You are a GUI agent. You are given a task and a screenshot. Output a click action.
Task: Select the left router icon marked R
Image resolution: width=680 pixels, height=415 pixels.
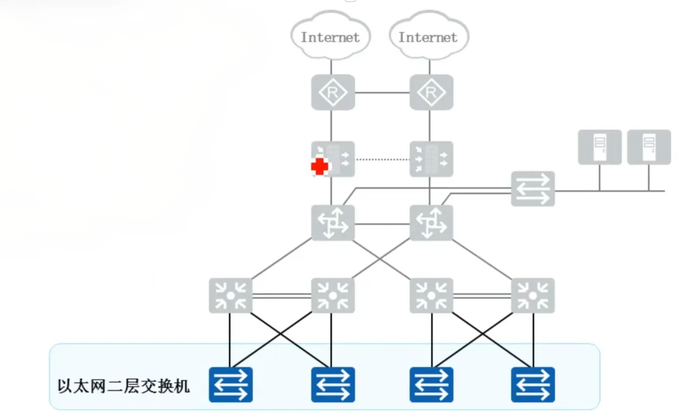click(333, 92)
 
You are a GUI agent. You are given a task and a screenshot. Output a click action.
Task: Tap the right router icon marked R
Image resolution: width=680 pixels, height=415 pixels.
click(431, 92)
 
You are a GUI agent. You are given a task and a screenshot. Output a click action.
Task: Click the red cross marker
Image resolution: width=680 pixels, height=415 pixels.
click(320, 167)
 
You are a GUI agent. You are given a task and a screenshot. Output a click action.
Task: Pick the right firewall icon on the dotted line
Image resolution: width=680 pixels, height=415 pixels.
click(431, 159)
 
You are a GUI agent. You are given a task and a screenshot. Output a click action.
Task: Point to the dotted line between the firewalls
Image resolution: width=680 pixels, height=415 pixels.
click(382, 160)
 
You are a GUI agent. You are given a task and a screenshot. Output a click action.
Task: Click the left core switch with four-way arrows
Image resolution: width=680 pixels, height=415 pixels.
click(333, 223)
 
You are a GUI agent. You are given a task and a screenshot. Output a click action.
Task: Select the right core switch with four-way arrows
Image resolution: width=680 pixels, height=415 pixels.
click(431, 223)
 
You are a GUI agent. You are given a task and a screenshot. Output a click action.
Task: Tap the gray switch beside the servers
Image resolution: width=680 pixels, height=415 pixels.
click(533, 189)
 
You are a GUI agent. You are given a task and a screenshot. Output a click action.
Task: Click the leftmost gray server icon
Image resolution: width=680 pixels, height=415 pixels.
click(600, 147)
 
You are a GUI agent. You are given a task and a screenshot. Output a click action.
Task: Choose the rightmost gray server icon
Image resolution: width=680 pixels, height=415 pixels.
click(649, 147)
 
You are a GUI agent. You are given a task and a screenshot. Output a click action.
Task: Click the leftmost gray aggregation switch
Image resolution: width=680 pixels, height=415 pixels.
click(230, 296)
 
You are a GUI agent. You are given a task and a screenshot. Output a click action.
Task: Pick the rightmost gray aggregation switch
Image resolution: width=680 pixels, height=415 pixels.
click(533, 296)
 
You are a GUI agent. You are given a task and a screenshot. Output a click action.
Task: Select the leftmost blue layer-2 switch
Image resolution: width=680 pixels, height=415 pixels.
click(230, 385)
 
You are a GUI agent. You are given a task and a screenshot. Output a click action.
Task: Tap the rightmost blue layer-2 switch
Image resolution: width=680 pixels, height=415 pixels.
click(533, 385)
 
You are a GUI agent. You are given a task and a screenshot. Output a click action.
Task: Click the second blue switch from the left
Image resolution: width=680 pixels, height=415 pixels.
click(333, 385)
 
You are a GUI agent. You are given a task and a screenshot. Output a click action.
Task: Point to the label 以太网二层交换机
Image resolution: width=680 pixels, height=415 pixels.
click(124, 386)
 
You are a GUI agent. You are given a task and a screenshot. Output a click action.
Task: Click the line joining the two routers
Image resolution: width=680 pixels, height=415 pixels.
click(382, 93)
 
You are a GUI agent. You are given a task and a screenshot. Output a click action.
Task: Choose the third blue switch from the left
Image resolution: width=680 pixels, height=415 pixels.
click(431, 385)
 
